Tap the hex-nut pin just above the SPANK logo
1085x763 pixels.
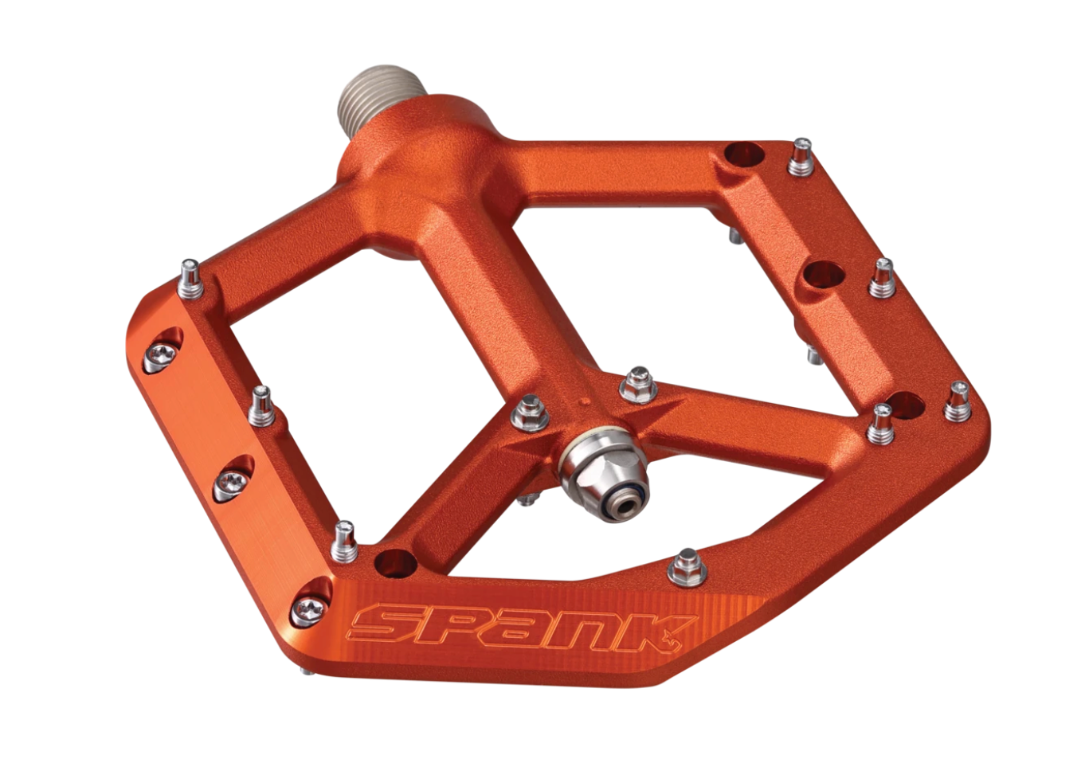(684, 568)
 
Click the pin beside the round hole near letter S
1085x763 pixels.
(343, 540)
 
